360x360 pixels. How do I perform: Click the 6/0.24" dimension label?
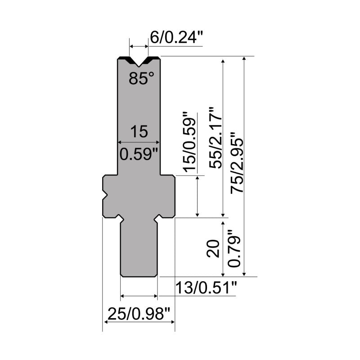pos(176,37)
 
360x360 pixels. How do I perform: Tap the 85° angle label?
pos(141,78)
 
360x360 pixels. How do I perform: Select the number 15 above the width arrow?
pos(139,131)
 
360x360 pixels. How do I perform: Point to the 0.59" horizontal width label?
pos(139,154)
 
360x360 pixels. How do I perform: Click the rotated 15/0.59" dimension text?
pos(189,142)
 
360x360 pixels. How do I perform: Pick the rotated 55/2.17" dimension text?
pos(216,138)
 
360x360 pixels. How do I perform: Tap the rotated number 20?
pos(213,249)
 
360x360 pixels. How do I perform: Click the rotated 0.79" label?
pos(234,248)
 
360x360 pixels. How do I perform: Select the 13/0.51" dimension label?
pos(206,288)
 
